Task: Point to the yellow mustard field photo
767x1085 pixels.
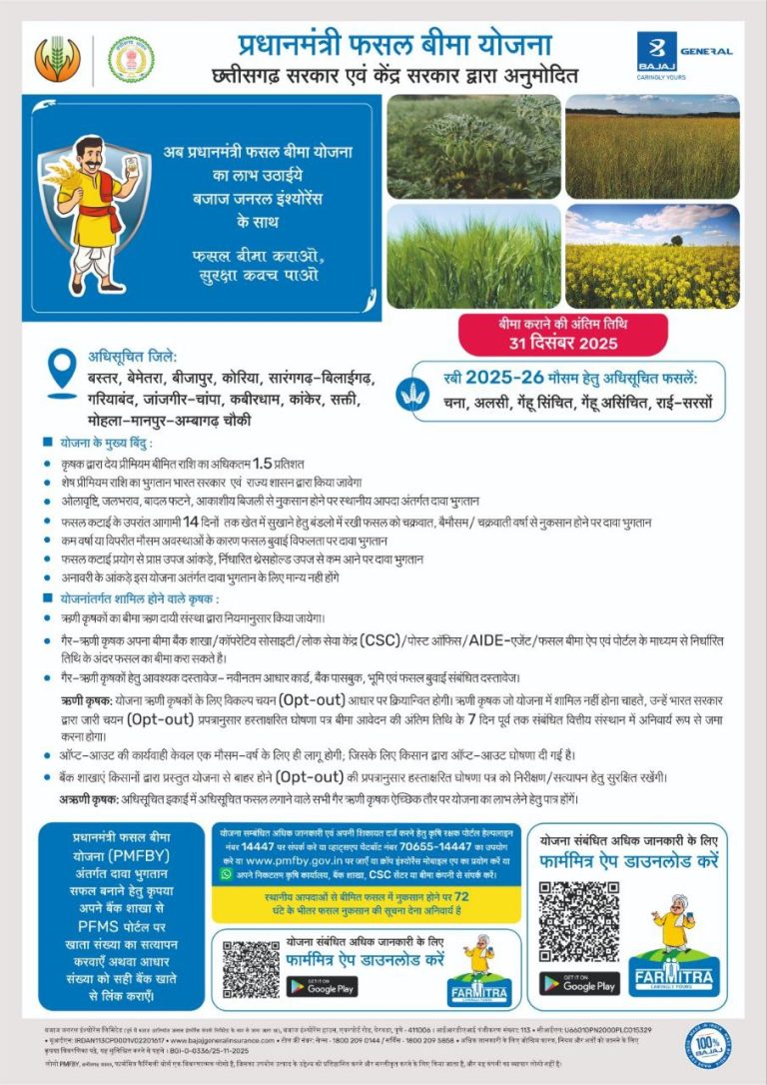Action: (652, 257)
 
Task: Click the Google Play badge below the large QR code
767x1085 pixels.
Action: (579, 984)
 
